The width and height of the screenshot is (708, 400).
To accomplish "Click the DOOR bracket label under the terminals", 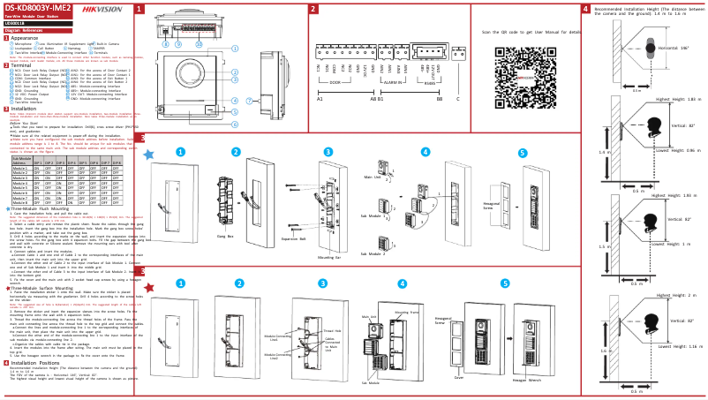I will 335,81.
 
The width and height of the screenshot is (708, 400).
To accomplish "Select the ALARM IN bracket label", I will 394,81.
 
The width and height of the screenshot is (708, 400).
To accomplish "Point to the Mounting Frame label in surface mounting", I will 407,312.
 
